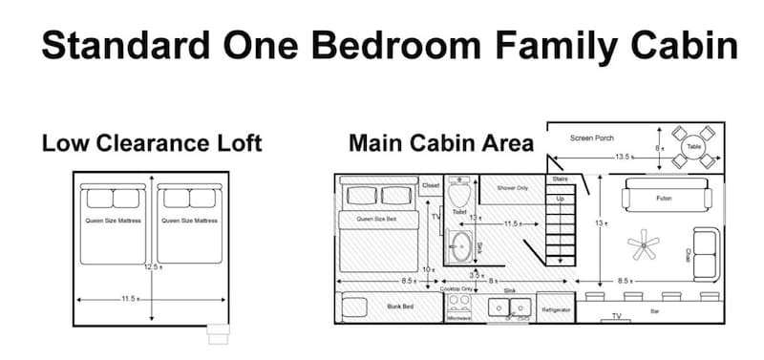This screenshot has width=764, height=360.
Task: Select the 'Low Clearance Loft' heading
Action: [152, 144]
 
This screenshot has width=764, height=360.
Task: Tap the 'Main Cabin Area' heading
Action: [440, 144]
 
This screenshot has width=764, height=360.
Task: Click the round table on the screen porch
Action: [693, 148]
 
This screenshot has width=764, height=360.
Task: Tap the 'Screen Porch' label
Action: [592, 138]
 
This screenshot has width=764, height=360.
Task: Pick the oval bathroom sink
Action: [461, 246]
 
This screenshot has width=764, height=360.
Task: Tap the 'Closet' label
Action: [430, 184]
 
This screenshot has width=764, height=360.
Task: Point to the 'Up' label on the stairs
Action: [561, 199]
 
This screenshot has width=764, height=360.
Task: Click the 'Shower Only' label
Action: [513, 188]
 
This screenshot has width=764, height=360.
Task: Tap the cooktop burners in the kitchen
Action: [459, 305]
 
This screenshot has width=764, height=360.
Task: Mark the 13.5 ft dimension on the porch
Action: [622, 157]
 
